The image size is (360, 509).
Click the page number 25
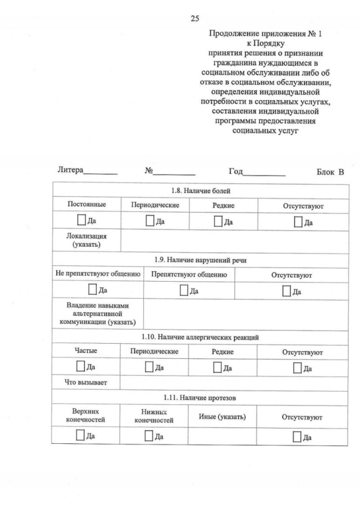195,19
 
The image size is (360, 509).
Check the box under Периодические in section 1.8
150,221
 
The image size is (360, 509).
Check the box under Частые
81,367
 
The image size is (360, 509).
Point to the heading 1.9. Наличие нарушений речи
200,259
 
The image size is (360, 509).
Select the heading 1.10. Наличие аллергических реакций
200,337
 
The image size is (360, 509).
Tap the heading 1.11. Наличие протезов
200,398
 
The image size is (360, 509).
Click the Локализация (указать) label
86,241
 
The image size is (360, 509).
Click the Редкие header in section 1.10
223,352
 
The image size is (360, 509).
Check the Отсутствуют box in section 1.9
287,290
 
